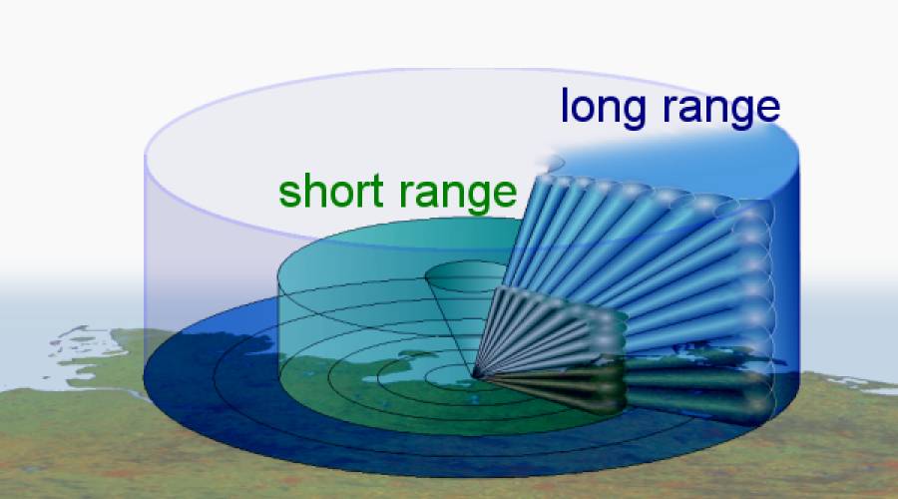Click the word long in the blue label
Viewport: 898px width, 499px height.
(x=603, y=108)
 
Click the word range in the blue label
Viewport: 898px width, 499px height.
(x=721, y=109)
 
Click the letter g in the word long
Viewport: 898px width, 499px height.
(x=633, y=113)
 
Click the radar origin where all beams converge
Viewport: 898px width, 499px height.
(x=475, y=376)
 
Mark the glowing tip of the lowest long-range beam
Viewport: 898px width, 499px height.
(x=757, y=405)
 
